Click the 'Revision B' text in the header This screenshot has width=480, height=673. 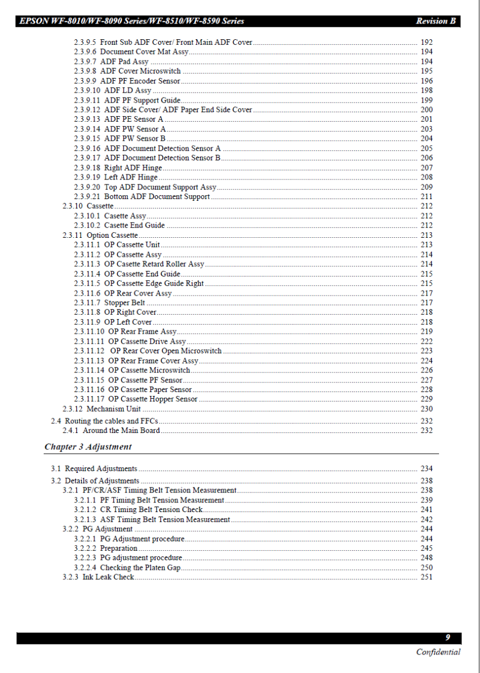coord(436,21)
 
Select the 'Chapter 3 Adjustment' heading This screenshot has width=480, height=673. coord(88,447)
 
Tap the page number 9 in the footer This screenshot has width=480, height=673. coord(447,638)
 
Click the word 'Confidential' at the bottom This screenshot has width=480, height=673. coord(438,652)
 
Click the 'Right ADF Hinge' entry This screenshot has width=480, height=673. coord(133,168)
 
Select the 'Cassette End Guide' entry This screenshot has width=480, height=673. coord(135,225)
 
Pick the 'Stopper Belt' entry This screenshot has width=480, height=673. coord(124,303)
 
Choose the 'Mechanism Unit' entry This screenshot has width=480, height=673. coord(113,409)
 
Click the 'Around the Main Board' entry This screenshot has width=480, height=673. coord(121,431)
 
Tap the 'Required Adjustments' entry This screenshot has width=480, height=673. coord(101,469)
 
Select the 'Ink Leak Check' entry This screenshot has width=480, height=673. coord(108,577)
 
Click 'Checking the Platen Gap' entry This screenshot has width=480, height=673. coord(140,568)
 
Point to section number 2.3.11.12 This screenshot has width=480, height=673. coord(89,351)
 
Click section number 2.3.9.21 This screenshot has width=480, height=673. coord(87,197)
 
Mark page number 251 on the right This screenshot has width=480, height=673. coord(426,577)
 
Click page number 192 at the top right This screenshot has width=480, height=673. coord(426,43)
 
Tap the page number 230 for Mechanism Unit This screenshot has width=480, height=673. coord(426,409)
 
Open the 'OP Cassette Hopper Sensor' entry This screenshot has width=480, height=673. coord(153,399)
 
